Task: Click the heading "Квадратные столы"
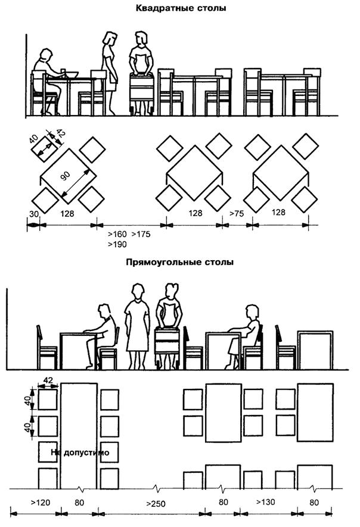click(180, 8)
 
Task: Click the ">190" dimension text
click(117, 244)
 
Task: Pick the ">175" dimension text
click(141, 234)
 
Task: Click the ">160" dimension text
click(117, 234)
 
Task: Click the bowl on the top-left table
click(71, 74)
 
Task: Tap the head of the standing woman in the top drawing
click(109, 39)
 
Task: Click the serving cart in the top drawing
click(142, 92)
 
